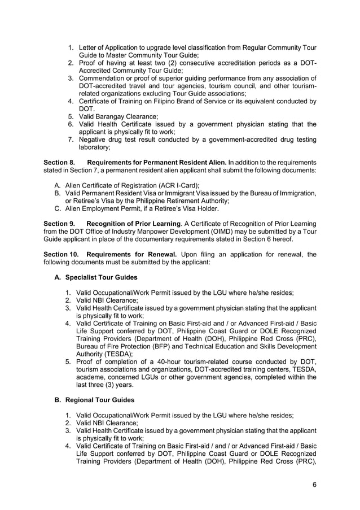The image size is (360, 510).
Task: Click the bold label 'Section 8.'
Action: click(59, 163)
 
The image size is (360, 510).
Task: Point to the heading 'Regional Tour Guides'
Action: click(99, 400)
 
